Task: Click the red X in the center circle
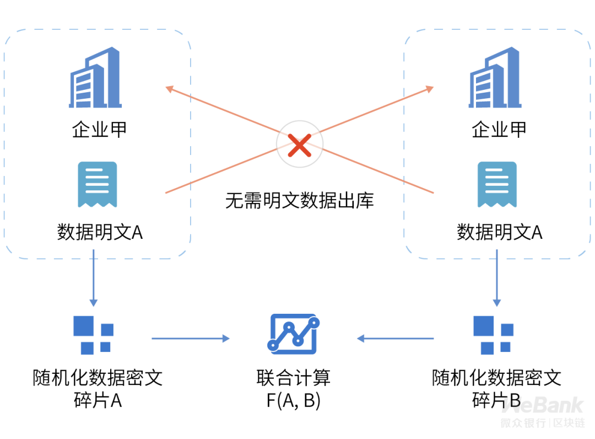[x=299, y=145]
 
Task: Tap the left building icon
[x=95, y=77]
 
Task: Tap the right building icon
[x=495, y=77]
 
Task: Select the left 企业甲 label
[x=99, y=130]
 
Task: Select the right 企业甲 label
[x=499, y=130]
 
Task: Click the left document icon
[x=97, y=185]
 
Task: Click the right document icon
[x=497, y=185]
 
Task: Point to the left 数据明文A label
[x=100, y=232]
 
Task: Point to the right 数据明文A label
[x=499, y=232]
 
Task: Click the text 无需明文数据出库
[x=299, y=200]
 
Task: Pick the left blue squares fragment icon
[x=93, y=335]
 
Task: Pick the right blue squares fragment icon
[x=493, y=335]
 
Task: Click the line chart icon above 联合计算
[x=293, y=334]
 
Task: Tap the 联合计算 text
[x=293, y=378]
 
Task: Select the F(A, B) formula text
[x=293, y=400]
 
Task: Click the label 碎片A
[x=98, y=400]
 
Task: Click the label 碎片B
[x=496, y=400]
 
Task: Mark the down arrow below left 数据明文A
[x=94, y=278]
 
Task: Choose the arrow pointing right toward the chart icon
[x=191, y=339]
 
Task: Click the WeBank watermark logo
[x=543, y=411]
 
